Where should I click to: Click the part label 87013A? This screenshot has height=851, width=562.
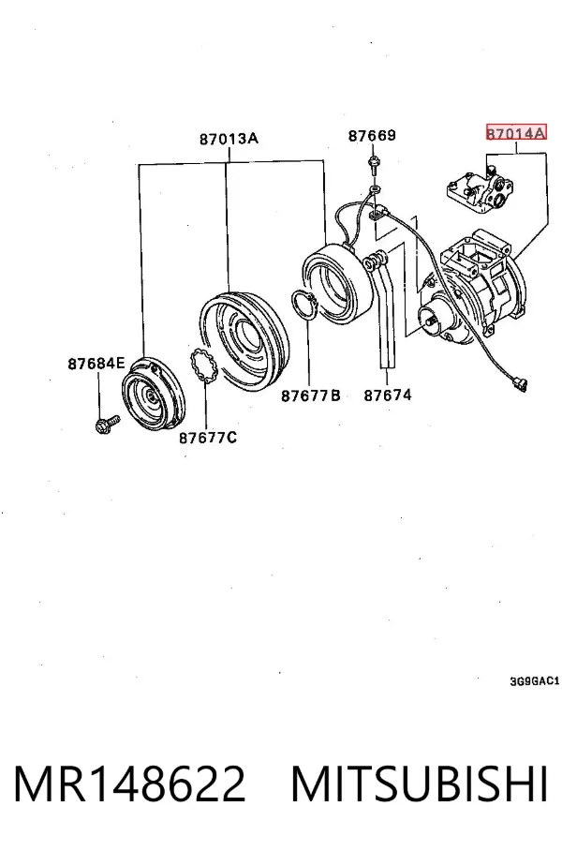tap(229, 139)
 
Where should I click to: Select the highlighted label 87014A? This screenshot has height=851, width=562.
tap(516, 132)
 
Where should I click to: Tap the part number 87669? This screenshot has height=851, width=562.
tap(372, 135)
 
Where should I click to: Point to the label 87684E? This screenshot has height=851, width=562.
tap(96, 363)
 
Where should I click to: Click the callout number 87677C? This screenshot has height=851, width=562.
tap(208, 437)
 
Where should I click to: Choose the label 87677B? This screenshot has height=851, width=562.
tap(310, 396)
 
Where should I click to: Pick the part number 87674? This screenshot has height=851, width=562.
tap(388, 396)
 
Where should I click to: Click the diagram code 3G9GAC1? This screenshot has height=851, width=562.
tap(534, 681)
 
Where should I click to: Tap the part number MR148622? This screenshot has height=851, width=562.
tap(129, 784)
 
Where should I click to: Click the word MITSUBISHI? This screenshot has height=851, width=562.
tap(419, 784)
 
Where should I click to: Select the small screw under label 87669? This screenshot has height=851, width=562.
tap(373, 163)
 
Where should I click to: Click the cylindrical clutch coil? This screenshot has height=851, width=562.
tap(333, 282)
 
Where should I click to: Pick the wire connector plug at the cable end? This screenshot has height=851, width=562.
tap(519, 385)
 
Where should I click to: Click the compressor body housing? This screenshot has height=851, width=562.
tap(471, 288)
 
